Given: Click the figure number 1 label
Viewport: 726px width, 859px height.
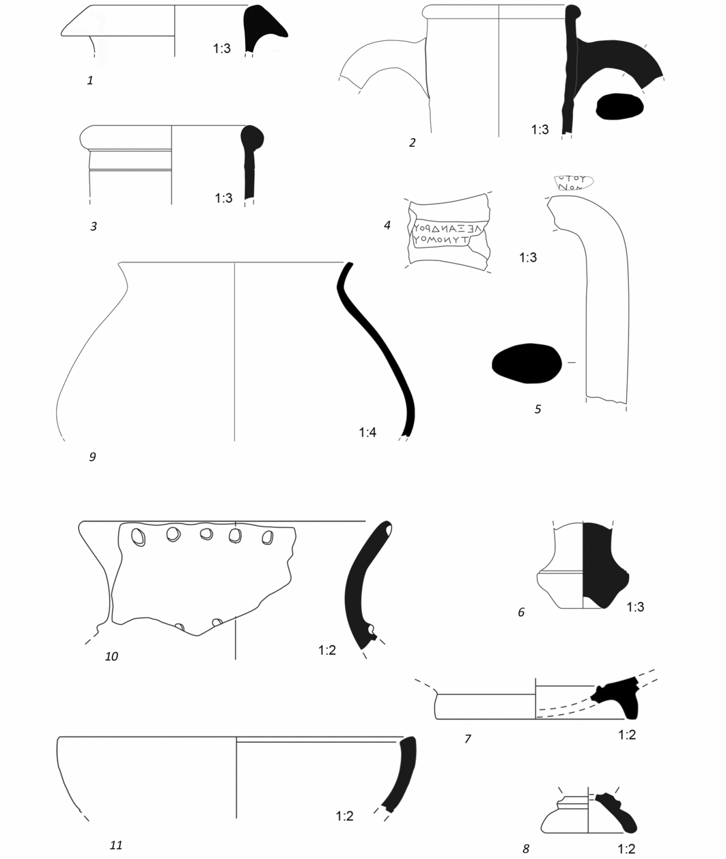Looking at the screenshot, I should [90, 81].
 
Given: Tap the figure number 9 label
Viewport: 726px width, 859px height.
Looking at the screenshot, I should [92, 456].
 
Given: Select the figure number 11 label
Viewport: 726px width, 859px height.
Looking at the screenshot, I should [116, 845].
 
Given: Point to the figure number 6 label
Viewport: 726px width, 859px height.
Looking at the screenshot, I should [521, 612].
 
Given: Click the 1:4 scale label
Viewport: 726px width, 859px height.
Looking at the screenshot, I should [367, 432].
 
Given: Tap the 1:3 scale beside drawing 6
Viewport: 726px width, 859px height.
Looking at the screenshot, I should [635, 606].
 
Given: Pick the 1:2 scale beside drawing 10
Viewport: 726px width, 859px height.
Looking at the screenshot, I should [327, 650].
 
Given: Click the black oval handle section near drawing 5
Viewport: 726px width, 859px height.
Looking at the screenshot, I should [527, 363].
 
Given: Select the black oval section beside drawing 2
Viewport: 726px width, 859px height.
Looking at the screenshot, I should [619, 106].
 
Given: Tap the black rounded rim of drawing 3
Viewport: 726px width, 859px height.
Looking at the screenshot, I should [253, 140].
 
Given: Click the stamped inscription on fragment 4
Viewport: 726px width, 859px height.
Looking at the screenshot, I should [447, 234].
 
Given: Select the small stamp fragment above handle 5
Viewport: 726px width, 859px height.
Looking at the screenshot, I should [572, 182].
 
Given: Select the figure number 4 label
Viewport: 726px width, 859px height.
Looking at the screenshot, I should [387, 225].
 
